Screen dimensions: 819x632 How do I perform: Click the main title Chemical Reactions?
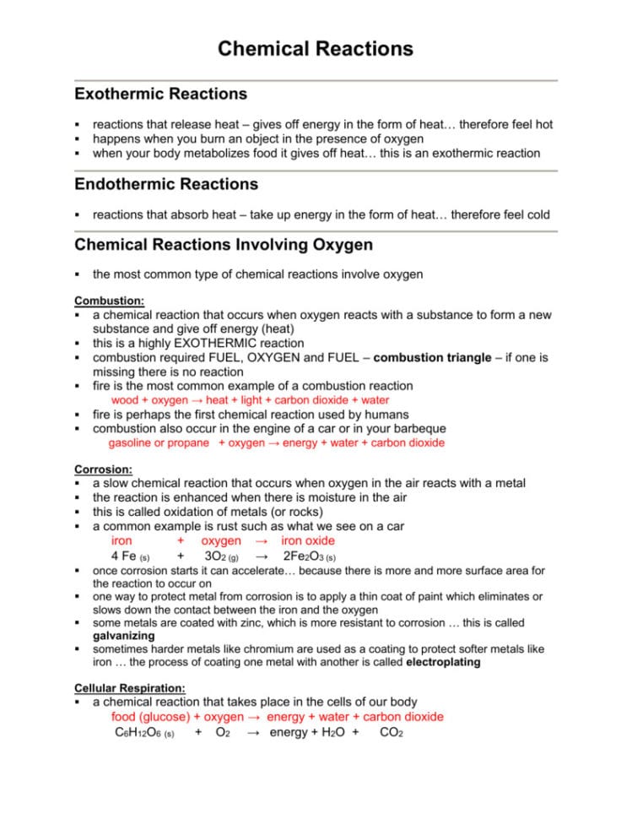point(316,48)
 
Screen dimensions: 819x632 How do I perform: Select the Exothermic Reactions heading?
point(160,94)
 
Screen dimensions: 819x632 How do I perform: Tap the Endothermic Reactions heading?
point(166,183)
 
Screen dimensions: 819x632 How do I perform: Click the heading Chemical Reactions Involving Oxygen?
point(224,245)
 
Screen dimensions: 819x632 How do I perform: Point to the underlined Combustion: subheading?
point(109,300)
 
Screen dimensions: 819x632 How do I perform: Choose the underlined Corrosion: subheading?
point(104,469)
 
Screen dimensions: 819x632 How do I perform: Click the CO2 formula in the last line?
point(392,733)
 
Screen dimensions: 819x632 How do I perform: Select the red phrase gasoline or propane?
point(159,442)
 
